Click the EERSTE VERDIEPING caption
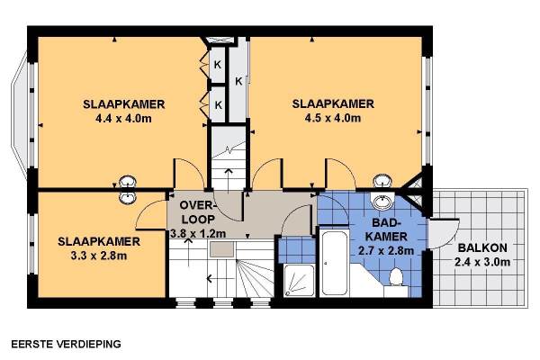coord(66,344)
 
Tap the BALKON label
coord(482,247)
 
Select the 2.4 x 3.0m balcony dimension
coord(482,262)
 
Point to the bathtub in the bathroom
coord(334,263)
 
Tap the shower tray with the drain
coord(299,281)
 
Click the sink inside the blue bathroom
coord(382,201)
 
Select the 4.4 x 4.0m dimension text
coord(123,119)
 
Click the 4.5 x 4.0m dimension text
coord(333,118)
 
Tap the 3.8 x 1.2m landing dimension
coord(198,234)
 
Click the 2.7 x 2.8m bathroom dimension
coord(386,251)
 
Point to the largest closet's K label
coord(238,82)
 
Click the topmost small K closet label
coord(217,65)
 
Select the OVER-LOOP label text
coord(196,212)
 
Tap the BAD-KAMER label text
coord(386,229)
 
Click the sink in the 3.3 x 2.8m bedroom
coord(128,197)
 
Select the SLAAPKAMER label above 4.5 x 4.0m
coord(333,103)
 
